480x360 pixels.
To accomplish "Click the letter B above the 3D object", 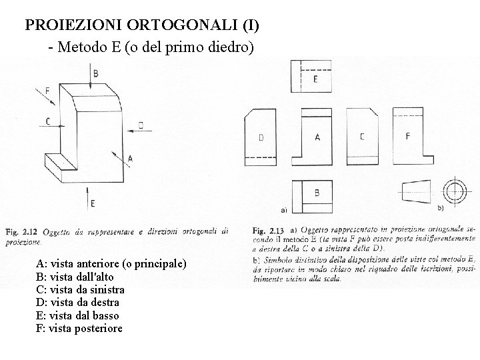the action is coord(96,73).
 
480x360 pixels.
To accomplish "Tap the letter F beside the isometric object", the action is coord(47,91).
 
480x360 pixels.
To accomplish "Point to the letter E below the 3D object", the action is coord(93,202).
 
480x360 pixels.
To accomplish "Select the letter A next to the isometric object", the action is coord(129,159).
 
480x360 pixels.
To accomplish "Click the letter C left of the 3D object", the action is coord(47,121).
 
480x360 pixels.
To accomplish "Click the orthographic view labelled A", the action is coord(317,139).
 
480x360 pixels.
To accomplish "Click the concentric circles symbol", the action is coord(457,190).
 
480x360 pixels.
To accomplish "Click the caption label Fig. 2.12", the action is coord(22,231).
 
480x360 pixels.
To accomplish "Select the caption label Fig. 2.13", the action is coord(268,231).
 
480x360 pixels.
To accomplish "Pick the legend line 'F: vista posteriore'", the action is coord(79,329).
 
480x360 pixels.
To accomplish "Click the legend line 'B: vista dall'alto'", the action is coord(75,277).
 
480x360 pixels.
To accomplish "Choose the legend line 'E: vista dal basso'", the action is coord(77,315).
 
